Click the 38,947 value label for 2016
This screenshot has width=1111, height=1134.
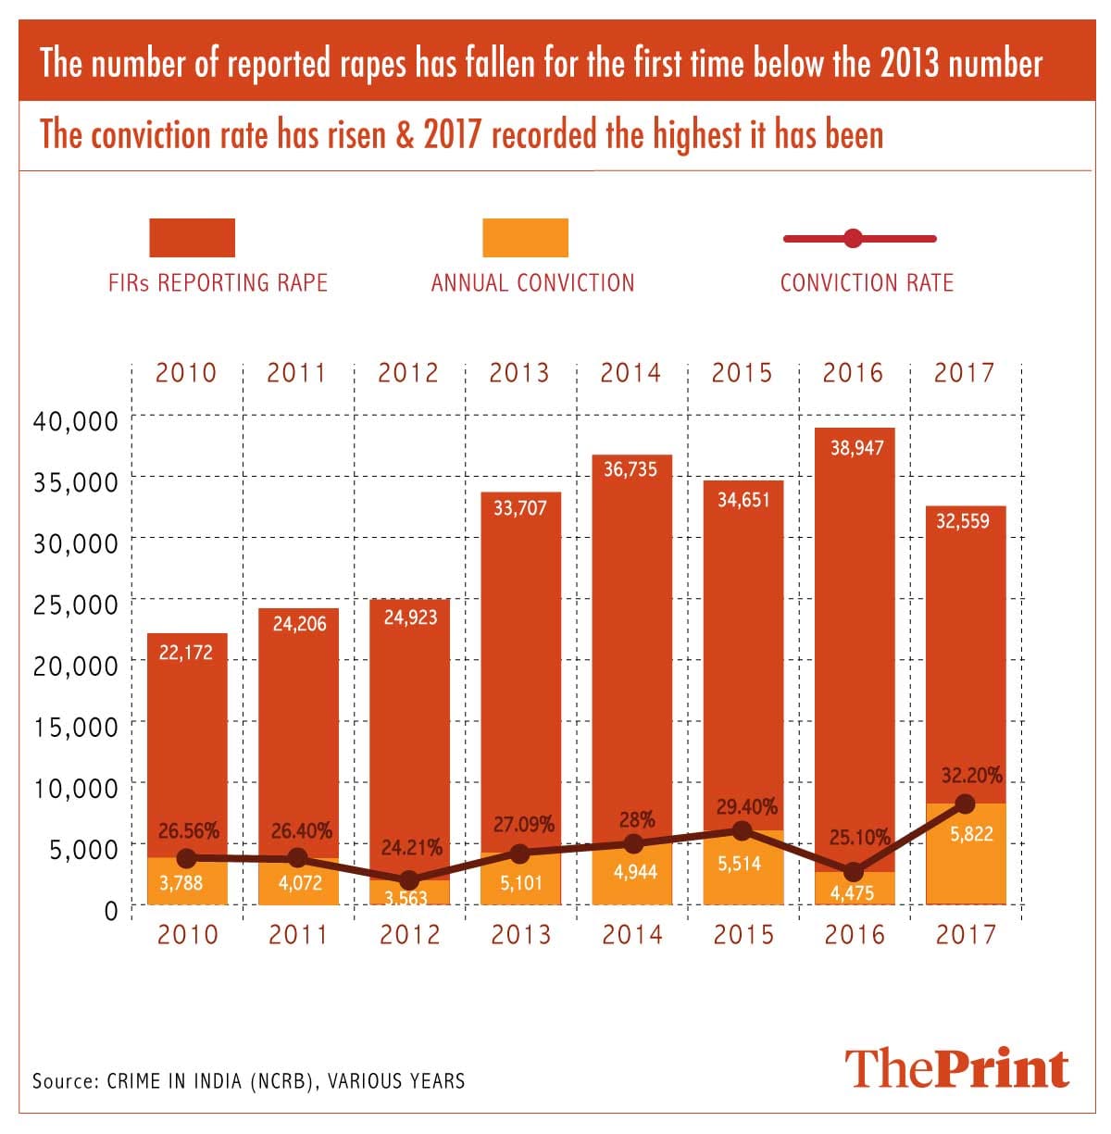click(856, 448)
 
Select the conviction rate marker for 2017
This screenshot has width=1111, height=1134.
click(965, 803)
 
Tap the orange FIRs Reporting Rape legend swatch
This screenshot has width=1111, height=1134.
click(192, 238)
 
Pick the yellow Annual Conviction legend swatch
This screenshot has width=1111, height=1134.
click(525, 238)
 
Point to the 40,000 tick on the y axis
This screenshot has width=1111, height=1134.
click(76, 421)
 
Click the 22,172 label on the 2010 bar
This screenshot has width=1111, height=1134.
click(186, 653)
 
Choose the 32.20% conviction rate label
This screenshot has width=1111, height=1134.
click(970, 776)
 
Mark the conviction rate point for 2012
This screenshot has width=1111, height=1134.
click(408, 879)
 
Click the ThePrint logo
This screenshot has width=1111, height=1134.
click(957, 1067)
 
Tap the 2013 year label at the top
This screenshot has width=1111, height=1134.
click(519, 373)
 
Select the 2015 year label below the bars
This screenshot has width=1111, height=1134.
click(743, 934)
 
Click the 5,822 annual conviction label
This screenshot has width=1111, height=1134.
click(971, 834)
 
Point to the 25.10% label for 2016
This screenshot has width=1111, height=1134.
click(859, 838)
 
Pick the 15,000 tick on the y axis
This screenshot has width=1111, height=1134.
click(76, 727)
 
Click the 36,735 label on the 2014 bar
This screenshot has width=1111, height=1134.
click(630, 469)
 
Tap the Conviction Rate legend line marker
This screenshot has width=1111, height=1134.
click(854, 239)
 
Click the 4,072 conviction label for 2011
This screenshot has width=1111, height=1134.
click(300, 883)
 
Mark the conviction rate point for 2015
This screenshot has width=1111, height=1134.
click(742, 831)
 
